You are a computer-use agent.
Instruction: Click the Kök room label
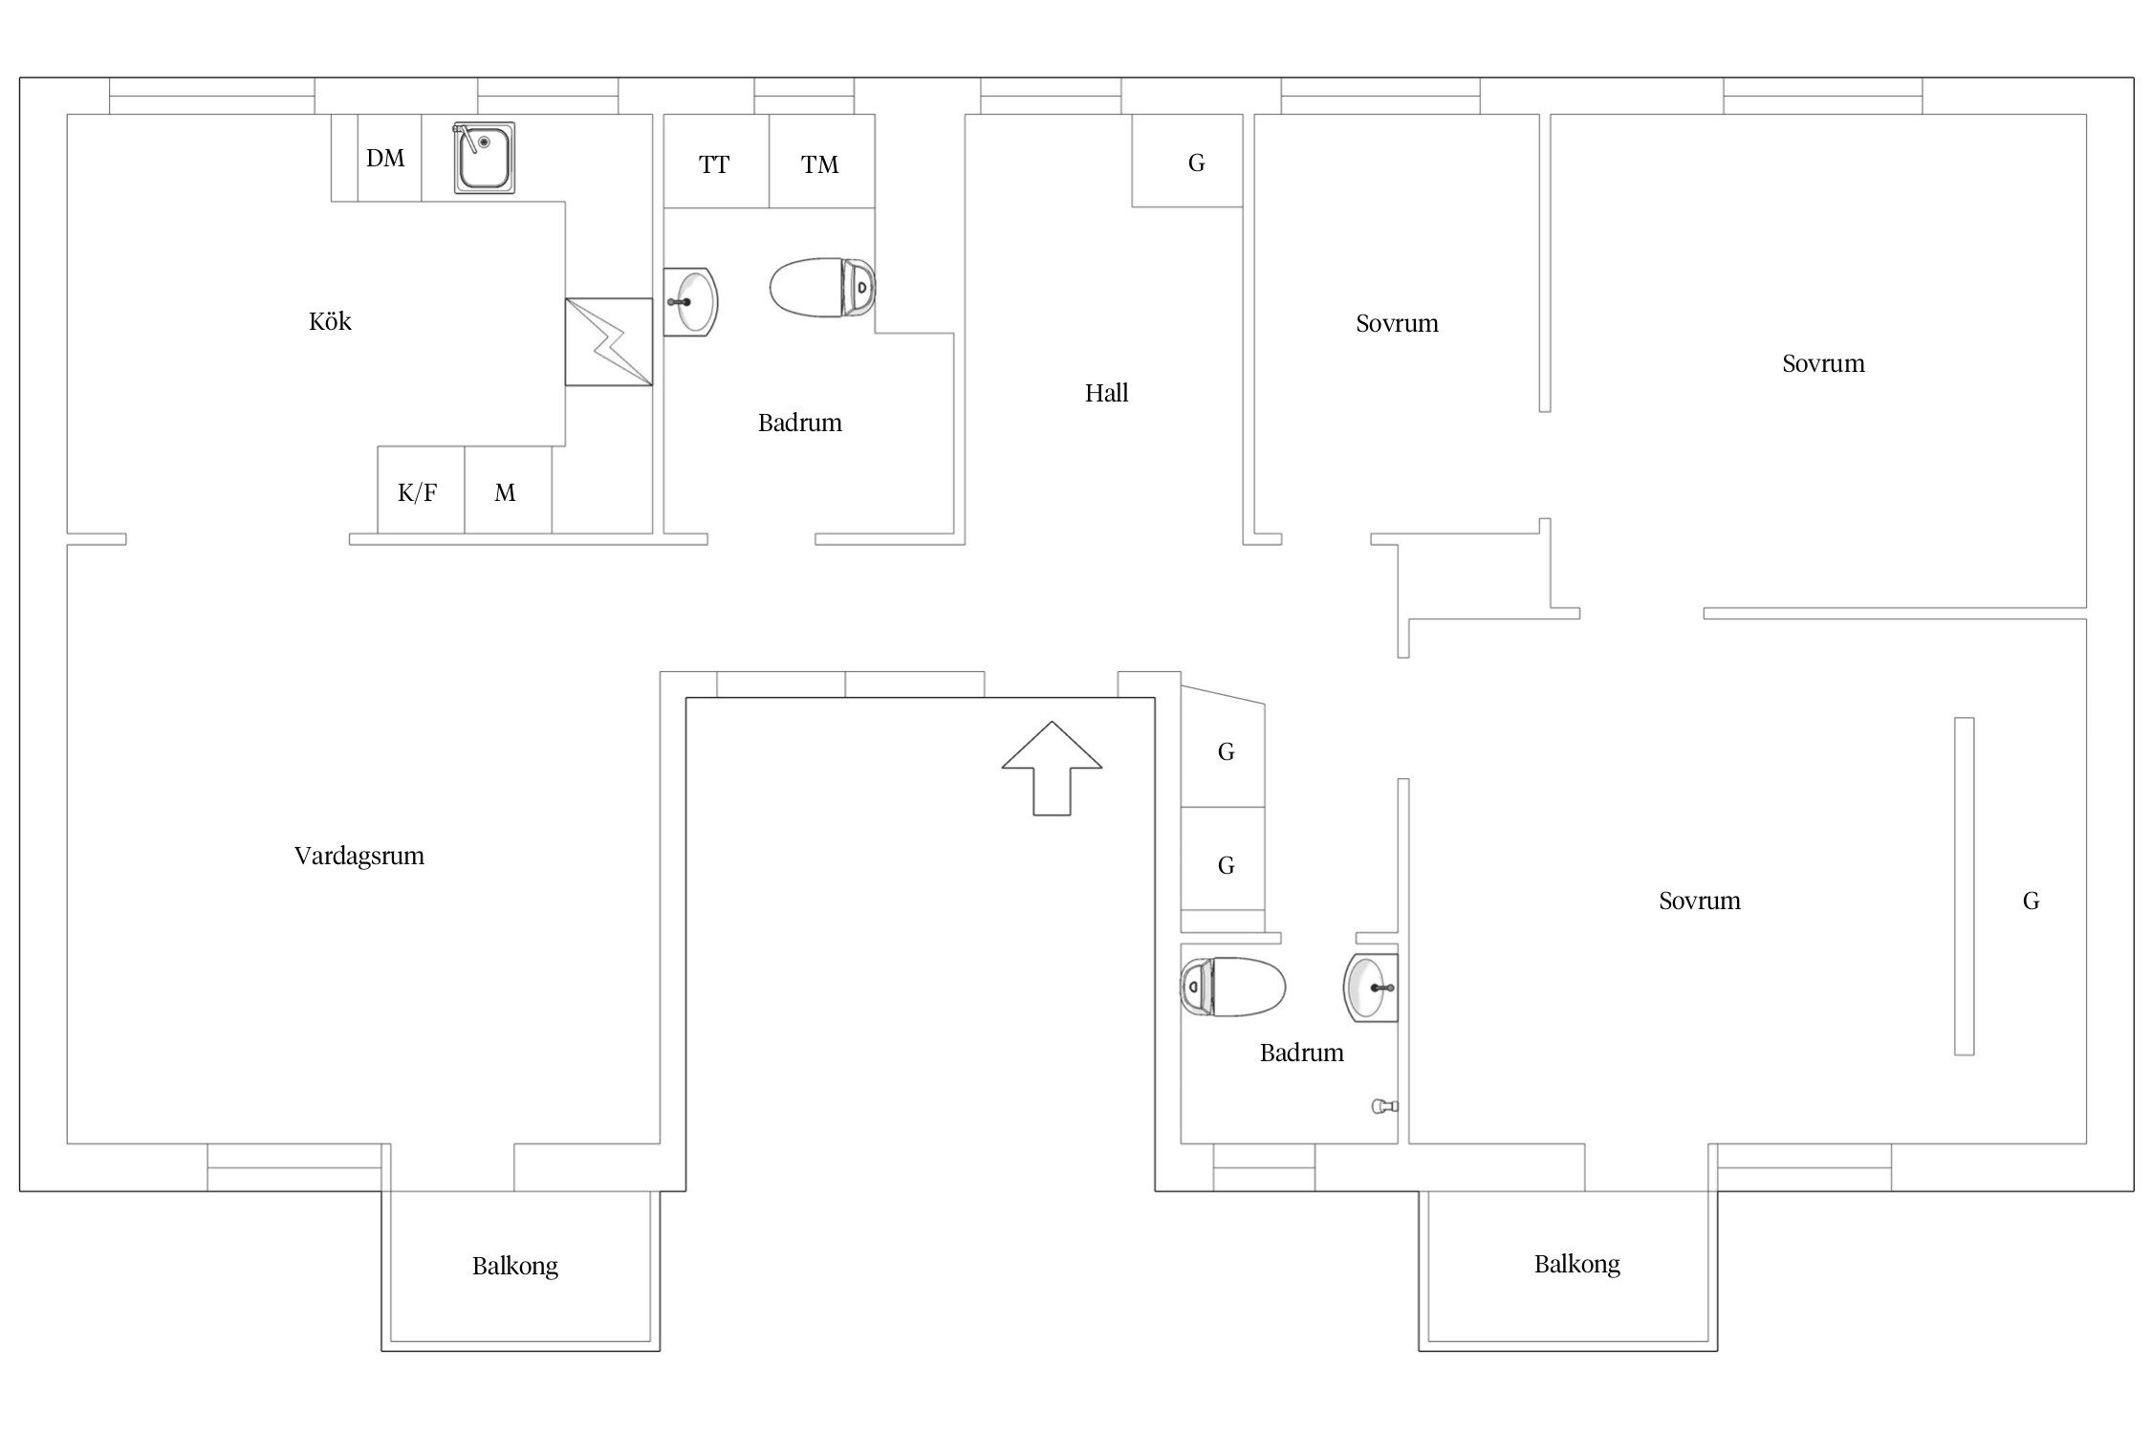330,321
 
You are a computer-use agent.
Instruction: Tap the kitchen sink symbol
484,158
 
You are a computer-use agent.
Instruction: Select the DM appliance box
389,158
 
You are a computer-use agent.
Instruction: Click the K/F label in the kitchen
418,492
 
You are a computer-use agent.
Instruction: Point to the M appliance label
505,492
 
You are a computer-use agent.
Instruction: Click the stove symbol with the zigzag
609,342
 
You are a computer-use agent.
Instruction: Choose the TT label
714,165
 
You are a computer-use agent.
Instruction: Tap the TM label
820,165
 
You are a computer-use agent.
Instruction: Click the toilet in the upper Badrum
822,287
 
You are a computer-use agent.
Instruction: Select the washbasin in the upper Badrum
690,302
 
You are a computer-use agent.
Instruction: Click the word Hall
1106,393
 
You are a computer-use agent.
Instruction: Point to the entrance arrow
1052,768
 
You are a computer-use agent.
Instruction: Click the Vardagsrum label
359,856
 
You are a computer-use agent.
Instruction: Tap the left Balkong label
515,1266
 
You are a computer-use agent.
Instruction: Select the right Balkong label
1577,1264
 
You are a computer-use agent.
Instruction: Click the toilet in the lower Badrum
1233,987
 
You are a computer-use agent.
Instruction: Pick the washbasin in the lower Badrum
1372,988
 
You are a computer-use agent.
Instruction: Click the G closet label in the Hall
1196,163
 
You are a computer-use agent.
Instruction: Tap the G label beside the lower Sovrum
2031,901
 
